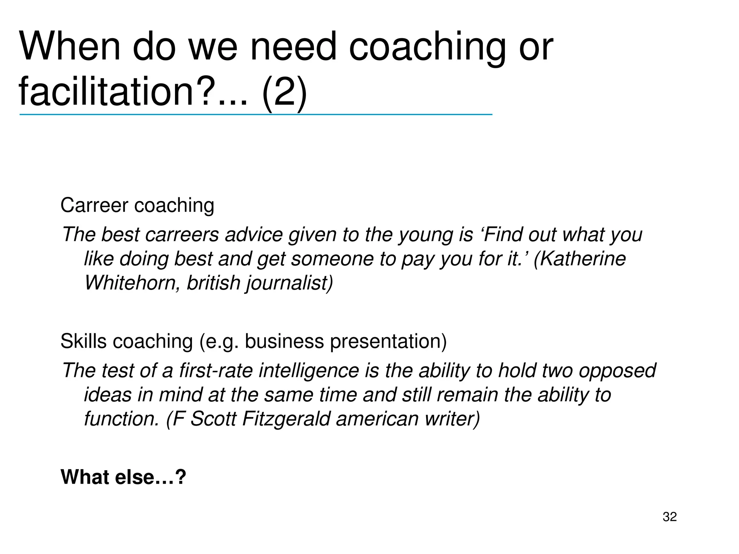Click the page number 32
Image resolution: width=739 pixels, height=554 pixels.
coord(669,517)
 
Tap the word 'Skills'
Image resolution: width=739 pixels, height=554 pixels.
coord(83,341)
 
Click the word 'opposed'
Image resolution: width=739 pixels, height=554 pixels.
coord(617,371)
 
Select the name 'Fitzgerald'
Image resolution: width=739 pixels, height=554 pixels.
coord(286,419)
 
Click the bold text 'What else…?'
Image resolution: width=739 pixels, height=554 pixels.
coord(123,477)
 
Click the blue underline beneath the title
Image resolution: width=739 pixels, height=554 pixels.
coord(255,115)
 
